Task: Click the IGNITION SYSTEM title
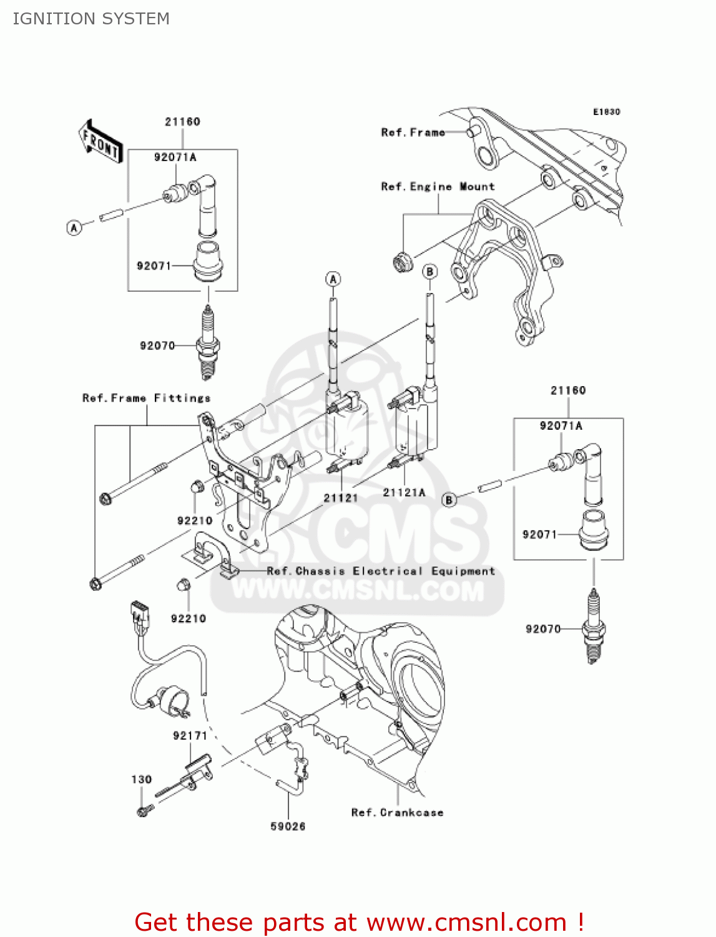(91, 19)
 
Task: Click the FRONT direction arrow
(100, 142)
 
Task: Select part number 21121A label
(404, 492)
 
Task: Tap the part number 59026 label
(288, 826)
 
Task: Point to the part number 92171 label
(190, 736)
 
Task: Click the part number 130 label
(141, 780)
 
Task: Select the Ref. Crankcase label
(397, 812)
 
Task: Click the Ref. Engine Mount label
(438, 187)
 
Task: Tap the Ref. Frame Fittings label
(147, 398)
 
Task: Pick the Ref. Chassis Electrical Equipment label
(381, 571)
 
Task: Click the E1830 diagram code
(606, 112)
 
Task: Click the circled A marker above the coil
(333, 279)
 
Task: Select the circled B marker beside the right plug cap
(449, 499)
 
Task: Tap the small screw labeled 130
(145, 811)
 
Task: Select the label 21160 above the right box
(568, 390)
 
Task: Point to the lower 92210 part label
(188, 618)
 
